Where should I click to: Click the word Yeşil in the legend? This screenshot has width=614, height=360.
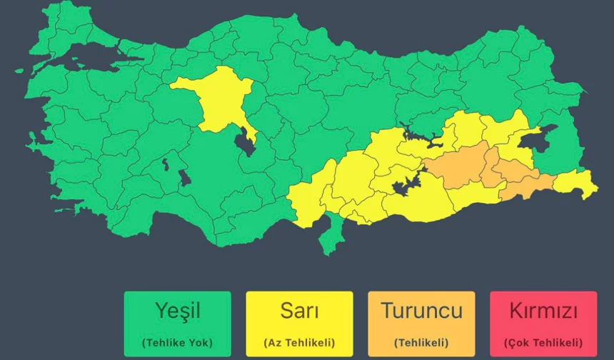click(x=177, y=311)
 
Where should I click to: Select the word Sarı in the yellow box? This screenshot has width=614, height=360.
click(x=299, y=311)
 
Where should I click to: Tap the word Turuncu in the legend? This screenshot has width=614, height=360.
click(x=421, y=311)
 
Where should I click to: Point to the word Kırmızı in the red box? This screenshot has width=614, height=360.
click(x=543, y=311)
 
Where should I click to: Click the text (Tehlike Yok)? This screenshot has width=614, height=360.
click(x=177, y=342)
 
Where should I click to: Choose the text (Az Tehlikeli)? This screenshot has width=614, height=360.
click(x=299, y=342)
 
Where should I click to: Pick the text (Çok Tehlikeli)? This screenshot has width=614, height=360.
click(x=543, y=342)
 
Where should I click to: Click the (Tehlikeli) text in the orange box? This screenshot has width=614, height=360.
click(x=421, y=342)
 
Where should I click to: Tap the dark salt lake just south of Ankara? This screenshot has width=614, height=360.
click(x=245, y=140)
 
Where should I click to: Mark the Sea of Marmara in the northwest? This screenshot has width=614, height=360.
click(x=86, y=62)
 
